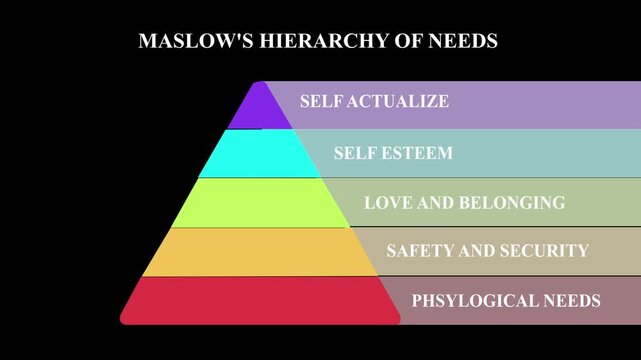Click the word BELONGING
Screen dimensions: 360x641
coord(512,203)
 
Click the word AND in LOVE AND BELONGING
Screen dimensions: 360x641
coord(437,203)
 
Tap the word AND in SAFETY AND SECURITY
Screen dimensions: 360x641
coord(475,251)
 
